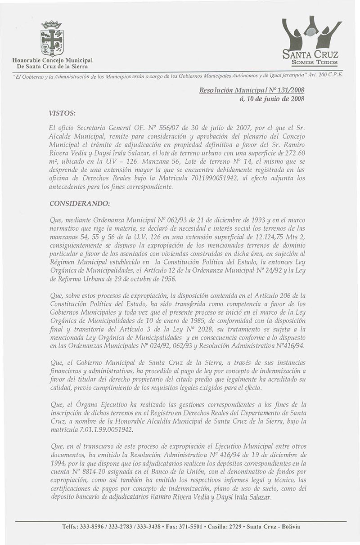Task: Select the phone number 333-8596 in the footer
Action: (93, 527)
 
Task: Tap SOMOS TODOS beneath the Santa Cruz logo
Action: (315, 62)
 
